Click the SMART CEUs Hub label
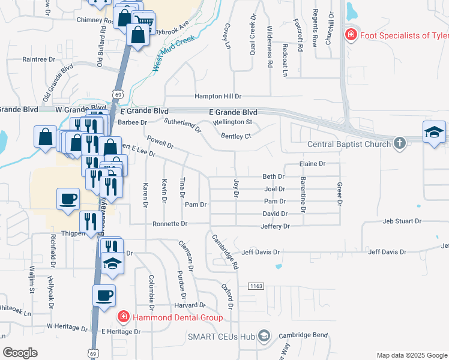[x=222, y=335]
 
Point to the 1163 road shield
[x=256, y=287]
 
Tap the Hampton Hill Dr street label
[x=217, y=96]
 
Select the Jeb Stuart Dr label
[x=402, y=221]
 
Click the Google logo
[x=20, y=353]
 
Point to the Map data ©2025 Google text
[x=411, y=355]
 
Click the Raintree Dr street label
[x=38, y=60]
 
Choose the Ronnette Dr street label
[x=170, y=223]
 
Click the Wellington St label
[x=232, y=122]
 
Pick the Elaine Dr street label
[x=312, y=163]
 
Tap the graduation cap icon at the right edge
[x=435, y=132]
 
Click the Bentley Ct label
[x=235, y=136]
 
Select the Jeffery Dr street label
[x=275, y=226]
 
